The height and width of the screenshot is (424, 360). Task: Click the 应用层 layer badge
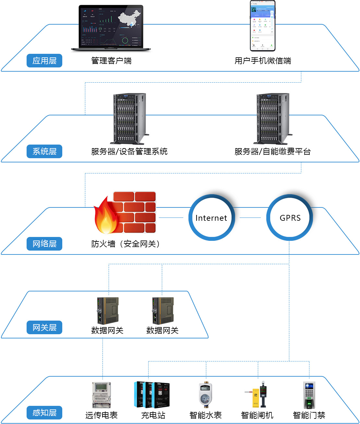coord(44,61)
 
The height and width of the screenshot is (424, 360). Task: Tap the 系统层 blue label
coord(44,151)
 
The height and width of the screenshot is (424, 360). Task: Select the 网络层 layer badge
coord(44,244)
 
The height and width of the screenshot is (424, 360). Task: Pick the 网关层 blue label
coord(44,327)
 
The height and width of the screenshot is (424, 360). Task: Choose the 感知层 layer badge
coord(44,413)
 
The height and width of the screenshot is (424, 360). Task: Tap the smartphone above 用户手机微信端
coord(263,26)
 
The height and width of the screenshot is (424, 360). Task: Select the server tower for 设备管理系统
coord(129,119)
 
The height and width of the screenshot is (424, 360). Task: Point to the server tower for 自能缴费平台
coord(272,119)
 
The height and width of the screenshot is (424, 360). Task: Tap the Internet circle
coord(211,218)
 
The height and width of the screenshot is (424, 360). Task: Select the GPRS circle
coord(290,218)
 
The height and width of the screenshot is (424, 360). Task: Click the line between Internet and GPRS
coord(250,218)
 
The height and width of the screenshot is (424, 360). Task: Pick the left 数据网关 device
coord(108,311)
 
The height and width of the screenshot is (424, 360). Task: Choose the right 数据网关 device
coord(163,311)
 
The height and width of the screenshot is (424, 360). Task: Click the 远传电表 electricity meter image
coord(102,395)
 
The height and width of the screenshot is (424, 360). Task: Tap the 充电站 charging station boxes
coord(152,395)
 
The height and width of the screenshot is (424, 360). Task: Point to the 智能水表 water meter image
coord(205,395)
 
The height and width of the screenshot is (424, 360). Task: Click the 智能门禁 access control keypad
coord(309,395)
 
